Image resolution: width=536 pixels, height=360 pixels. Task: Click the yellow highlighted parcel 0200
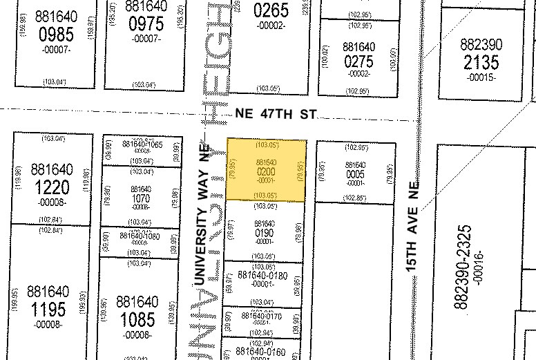click(x=267, y=170)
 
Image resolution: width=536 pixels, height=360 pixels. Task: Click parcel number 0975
click(x=145, y=24)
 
